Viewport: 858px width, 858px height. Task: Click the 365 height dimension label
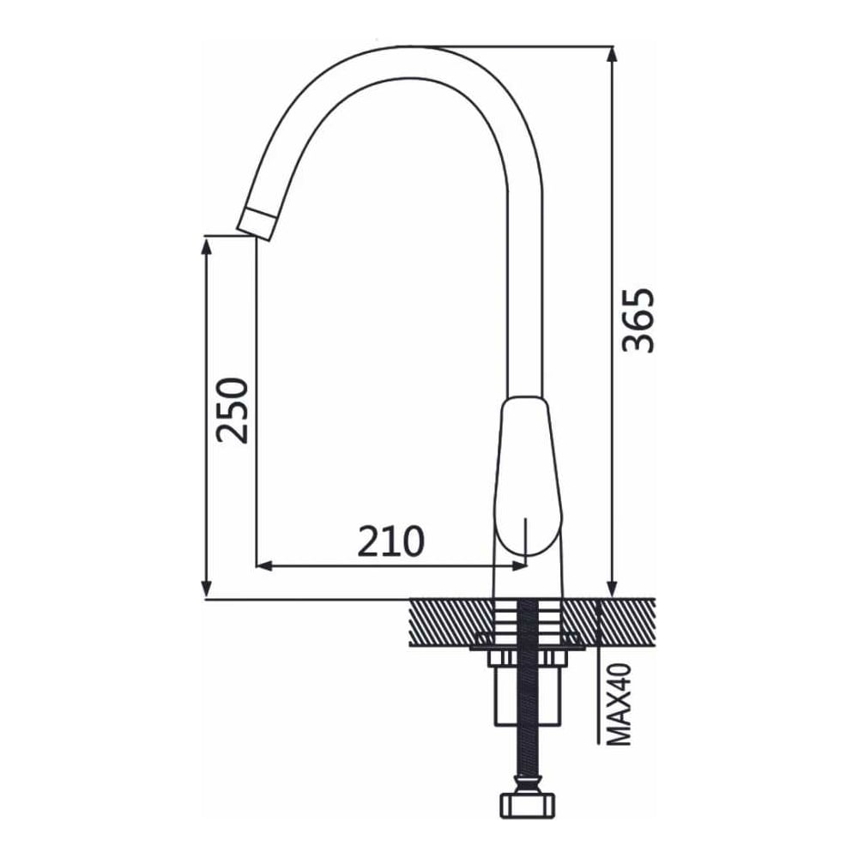(638, 320)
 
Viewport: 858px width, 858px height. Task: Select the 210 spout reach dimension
(390, 541)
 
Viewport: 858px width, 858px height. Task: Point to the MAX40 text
(619, 704)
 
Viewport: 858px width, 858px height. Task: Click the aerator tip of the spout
(256, 223)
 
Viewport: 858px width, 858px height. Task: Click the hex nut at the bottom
(528, 805)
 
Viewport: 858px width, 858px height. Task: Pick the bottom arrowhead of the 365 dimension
(613, 589)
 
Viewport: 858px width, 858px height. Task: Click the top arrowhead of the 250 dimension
(206, 246)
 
